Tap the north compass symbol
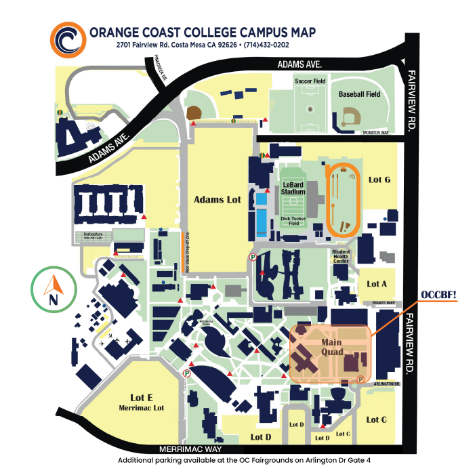click(53, 291)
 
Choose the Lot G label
click(379, 180)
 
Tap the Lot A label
click(377, 284)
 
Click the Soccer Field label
click(310, 81)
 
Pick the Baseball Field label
click(359, 94)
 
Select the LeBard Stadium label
click(293, 188)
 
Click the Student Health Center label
click(341, 255)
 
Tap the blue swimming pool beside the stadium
click(261, 210)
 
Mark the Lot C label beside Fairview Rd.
click(377, 419)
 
